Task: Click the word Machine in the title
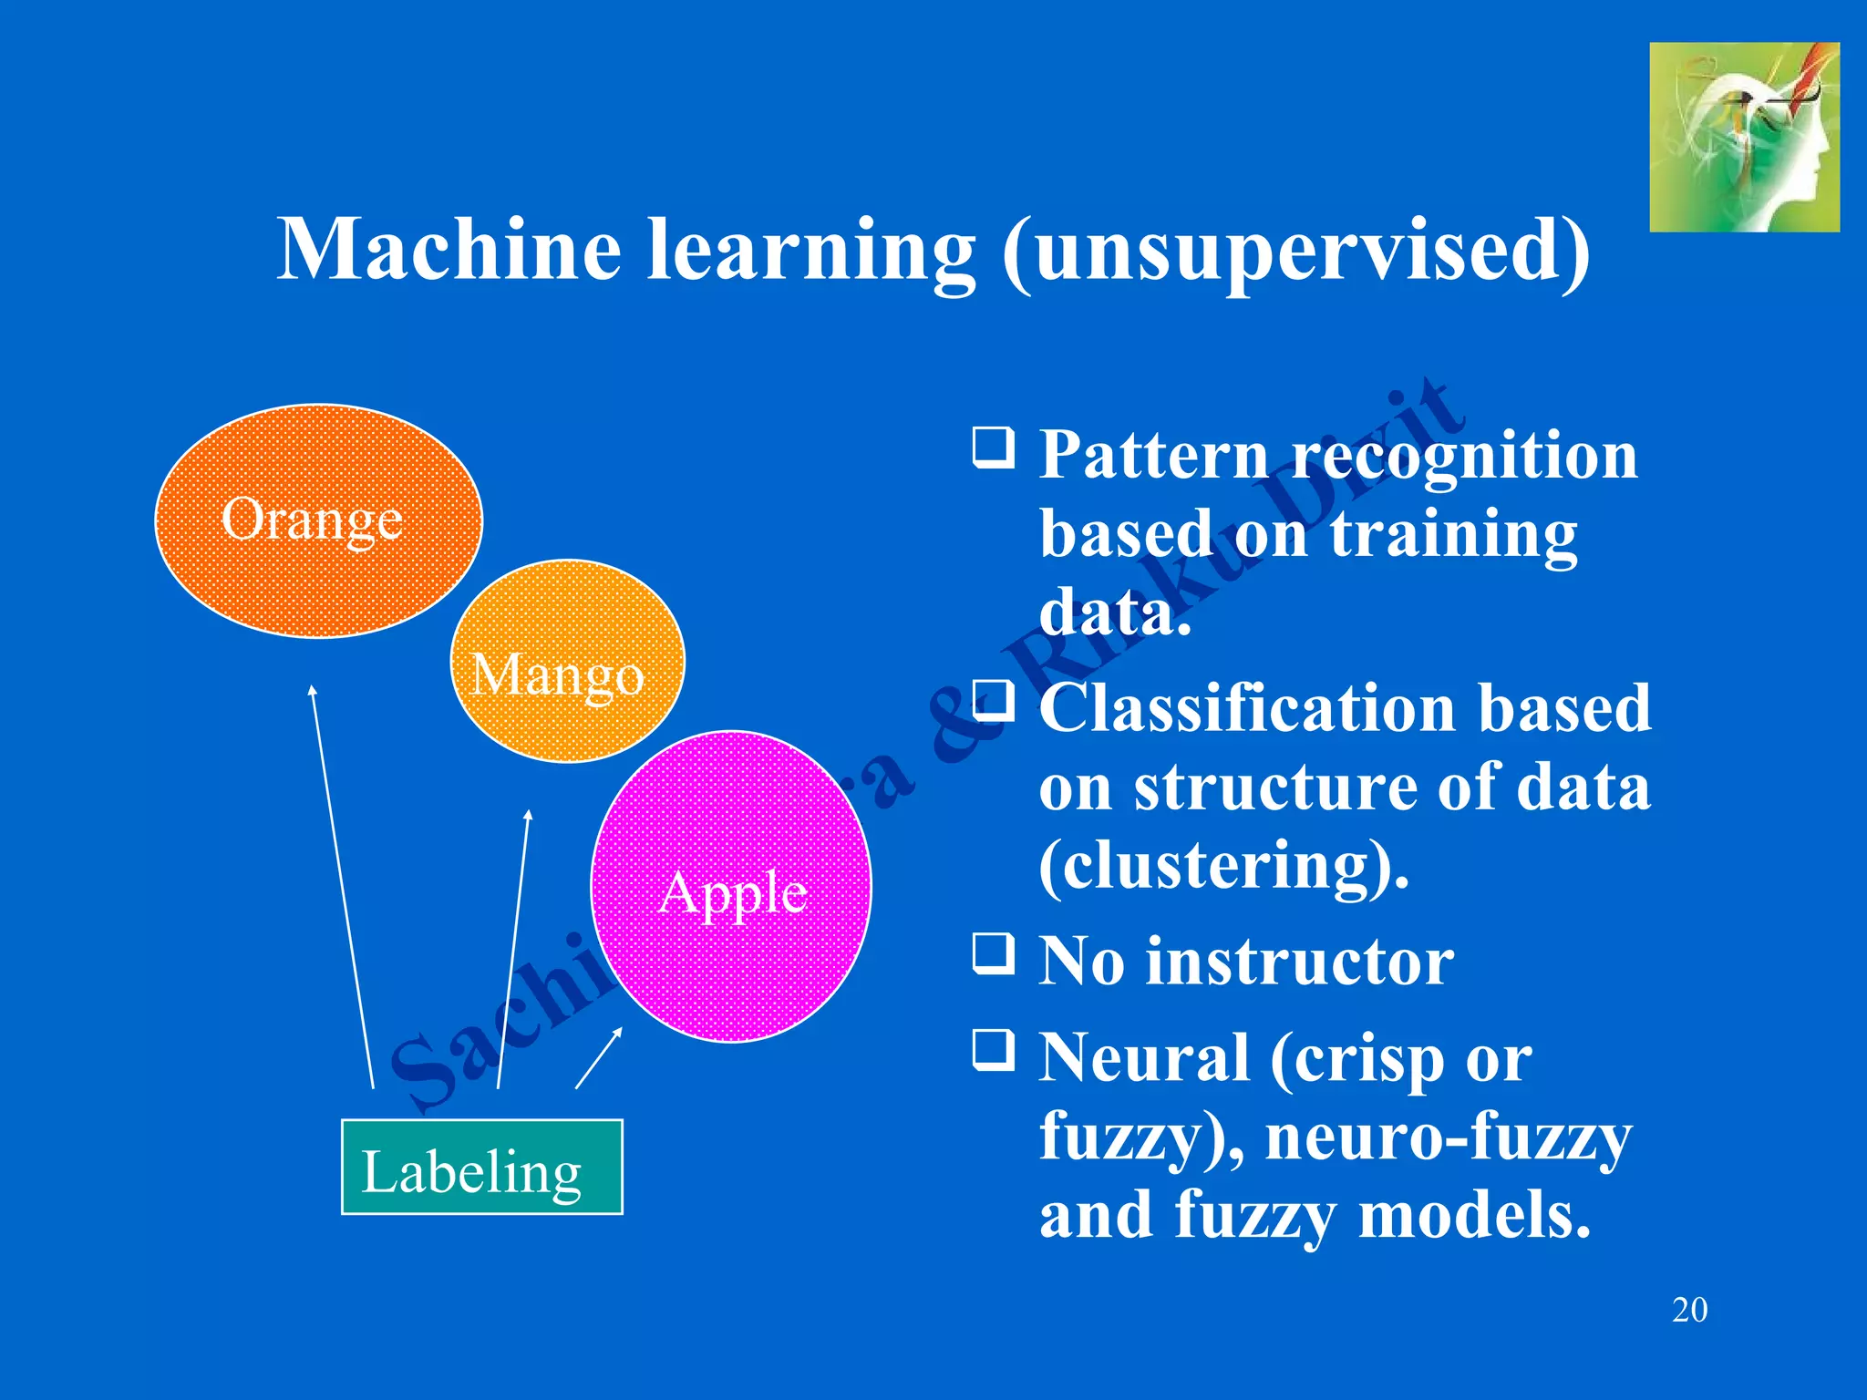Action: pyautogui.click(x=449, y=250)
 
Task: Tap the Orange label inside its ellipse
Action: pyautogui.click(x=312, y=520)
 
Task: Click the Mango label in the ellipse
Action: pyautogui.click(x=557, y=675)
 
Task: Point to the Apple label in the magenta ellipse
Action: pyautogui.click(x=733, y=892)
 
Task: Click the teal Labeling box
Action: pyautogui.click(x=481, y=1167)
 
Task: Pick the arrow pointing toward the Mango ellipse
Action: pyautogui.click(x=513, y=948)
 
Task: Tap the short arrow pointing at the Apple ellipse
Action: pyautogui.click(x=599, y=1057)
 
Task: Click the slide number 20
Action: pyautogui.click(x=1689, y=1310)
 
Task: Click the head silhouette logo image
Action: pyautogui.click(x=1743, y=137)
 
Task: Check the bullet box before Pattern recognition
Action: pyautogui.click(x=993, y=448)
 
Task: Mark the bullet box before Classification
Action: pyautogui.click(x=993, y=700)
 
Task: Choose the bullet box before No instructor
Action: pyautogui.click(x=993, y=952)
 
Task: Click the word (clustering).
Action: pyautogui.click(x=1223, y=866)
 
